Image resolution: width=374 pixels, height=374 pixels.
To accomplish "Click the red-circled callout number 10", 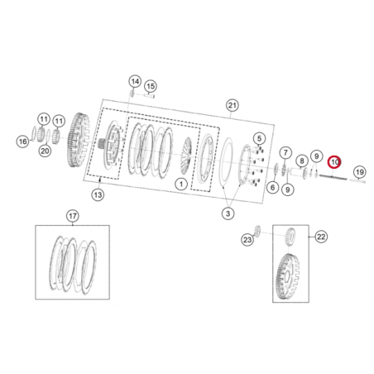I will coord(334,162).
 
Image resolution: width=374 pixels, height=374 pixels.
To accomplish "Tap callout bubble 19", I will coord(358,172).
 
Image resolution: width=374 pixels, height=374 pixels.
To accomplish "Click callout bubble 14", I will coord(135,81).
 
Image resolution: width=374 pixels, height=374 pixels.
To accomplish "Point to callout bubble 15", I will coord(150,86).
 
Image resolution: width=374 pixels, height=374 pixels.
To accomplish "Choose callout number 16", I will coord(24,141).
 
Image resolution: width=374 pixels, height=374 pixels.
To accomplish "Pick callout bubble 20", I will coord(45,151).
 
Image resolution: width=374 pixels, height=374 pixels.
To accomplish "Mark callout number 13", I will coord(98,194).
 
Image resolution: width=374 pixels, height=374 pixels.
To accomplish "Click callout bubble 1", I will coord(180,183).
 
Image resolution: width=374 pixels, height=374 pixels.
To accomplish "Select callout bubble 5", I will coord(259,138).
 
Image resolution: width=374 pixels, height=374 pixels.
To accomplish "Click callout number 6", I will coord(272,187).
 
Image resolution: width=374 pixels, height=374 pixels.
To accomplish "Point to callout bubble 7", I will coord(285,153).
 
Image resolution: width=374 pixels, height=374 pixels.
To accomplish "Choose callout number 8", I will coord(301,161).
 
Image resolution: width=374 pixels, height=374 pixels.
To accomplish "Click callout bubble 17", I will coord(72,217).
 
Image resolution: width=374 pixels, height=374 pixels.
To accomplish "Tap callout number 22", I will coord(320,236).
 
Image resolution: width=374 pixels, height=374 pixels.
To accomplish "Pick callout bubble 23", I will coord(247,240).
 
